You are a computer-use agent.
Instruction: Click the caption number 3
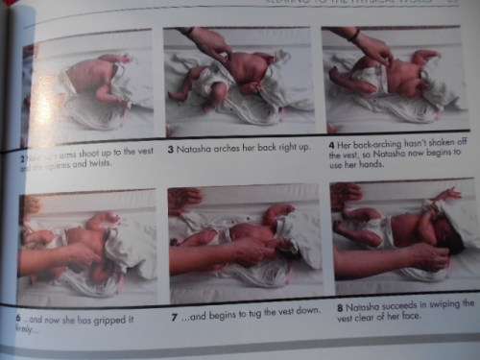pyautogui.click(x=171, y=149)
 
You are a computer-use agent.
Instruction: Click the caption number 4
pyautogui.click(x=330, y=145)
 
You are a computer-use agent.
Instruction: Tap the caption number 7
pyautogui.click(x=174, y=315)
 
